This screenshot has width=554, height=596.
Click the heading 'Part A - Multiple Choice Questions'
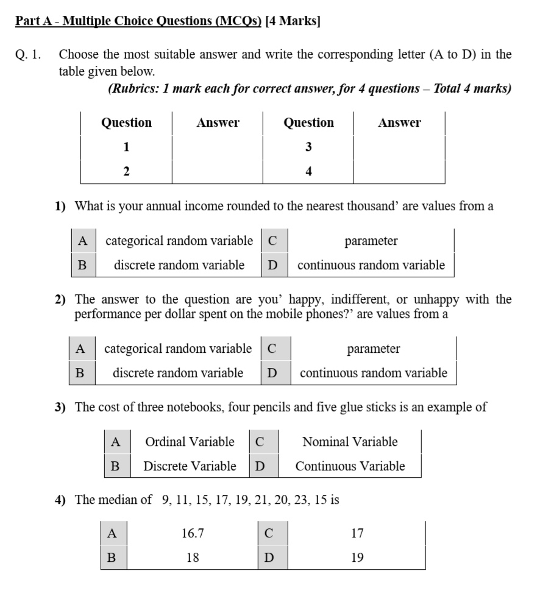138,21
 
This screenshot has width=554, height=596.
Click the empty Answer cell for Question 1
218,147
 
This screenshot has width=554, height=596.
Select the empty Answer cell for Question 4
399,172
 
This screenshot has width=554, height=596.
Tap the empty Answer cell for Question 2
218,172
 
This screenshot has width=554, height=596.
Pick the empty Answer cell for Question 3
399,147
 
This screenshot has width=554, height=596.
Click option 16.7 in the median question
193,533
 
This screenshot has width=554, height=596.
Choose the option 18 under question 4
193,558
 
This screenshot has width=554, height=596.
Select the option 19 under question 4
357,558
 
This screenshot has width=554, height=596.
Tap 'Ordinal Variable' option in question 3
190,442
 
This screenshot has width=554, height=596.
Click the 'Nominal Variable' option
350,442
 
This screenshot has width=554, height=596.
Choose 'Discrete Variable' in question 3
190,466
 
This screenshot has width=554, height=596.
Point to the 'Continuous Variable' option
350,466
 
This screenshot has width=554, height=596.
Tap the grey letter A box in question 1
83,241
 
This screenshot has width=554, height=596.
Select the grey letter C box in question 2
272,349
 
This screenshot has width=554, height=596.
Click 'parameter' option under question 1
371,241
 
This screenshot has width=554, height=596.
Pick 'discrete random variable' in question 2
178,373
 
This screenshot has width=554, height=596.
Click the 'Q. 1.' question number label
28,54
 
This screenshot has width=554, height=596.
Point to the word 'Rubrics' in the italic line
133,89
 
